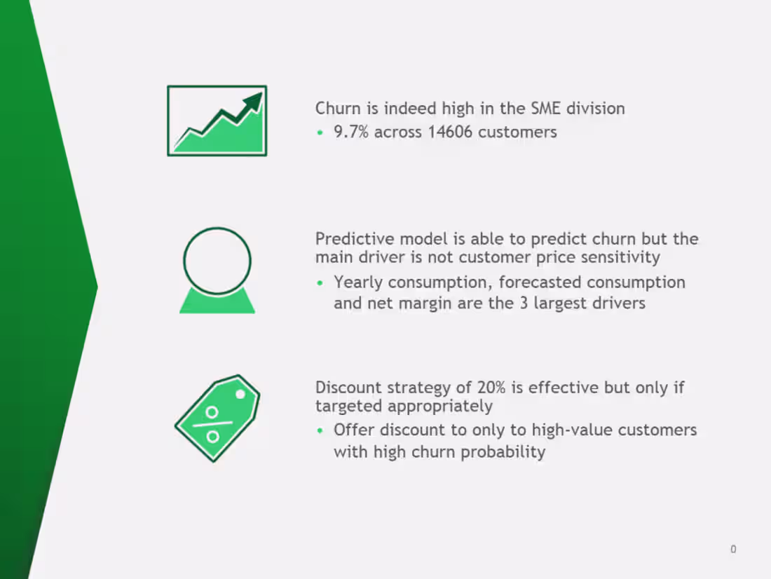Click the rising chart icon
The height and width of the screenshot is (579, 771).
coord(217,121)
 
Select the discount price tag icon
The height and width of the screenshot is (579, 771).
coord(217,418)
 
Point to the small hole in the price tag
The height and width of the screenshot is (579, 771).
coord(240,394)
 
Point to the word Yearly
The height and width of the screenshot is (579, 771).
coord(358,282)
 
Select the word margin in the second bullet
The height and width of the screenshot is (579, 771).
coord(417,304)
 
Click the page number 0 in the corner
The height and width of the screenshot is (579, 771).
coord(733,550)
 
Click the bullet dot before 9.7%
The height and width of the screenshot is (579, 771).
coord(320,132)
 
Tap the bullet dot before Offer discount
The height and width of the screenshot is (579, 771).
coord(320,430)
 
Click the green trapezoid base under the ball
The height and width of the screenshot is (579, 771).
coord(217,304)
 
